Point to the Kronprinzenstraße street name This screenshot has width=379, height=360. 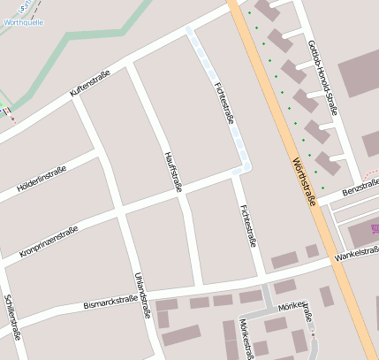click(49, 241)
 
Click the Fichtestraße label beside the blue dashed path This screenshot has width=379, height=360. click(224, 103)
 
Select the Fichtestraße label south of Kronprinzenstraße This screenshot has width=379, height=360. click(248, 226)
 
